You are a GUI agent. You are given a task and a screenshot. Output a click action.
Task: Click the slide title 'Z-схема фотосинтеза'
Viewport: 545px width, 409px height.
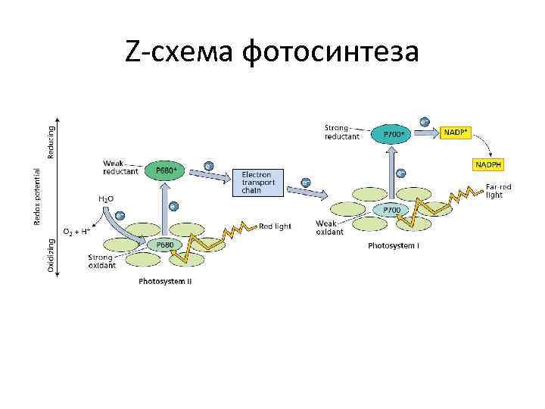click(272, 52)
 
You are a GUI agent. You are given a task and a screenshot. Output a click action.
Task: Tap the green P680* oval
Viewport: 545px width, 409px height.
click(166, 170)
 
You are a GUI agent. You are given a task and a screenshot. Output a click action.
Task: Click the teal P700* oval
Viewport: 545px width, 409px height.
click(393, 134)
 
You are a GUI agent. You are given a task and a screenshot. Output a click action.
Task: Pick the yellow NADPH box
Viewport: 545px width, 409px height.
click(488, 164)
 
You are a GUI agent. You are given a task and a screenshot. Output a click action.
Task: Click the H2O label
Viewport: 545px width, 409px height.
click(106, 198)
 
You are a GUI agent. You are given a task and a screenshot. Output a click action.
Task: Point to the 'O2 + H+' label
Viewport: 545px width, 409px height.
click(77, 230)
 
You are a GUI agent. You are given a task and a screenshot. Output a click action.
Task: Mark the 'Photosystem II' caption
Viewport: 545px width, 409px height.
click(165, 282)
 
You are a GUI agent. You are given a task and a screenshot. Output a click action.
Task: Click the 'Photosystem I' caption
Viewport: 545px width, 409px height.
click(394, 245)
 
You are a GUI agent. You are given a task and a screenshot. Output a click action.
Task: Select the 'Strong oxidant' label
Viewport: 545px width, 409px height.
click(101, 261)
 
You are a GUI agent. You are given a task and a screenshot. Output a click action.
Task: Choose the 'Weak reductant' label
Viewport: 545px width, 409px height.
click(120, 167)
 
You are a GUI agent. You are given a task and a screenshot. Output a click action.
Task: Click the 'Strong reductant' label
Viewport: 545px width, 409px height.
click(341, 132)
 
